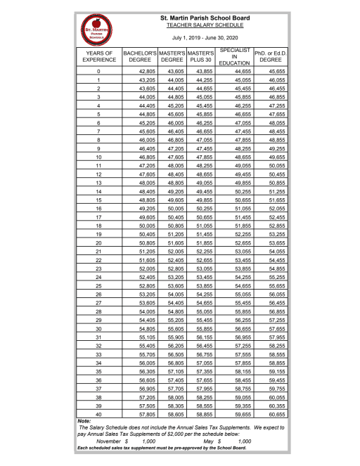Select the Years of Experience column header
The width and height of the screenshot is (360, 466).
pyautogui.click(x=98, y=57)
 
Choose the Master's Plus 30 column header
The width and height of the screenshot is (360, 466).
pyautogui.click(x=201, y=57)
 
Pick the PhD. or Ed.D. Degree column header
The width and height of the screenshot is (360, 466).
pyautogui.click(x=270, y=57)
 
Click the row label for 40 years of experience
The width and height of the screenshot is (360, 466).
pyautogui.click(x=98, y=414)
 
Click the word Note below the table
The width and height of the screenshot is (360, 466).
pyautogui.click(x=83, y=422)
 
